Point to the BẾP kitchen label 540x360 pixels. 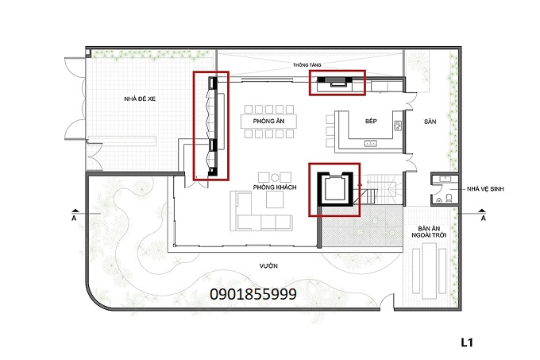click(371, 121)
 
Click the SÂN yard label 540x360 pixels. click(430, 122)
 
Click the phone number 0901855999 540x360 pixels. click(253, 294)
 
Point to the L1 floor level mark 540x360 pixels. click(468, 343)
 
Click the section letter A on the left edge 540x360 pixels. click(74, 215)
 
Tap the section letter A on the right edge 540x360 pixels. click(484, 215)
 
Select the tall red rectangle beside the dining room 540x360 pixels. click(211, 124)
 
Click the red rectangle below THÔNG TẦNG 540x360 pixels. click(337, 83)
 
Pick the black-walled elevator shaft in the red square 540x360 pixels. click(334, 189)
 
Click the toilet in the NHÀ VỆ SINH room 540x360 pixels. click(449, 195)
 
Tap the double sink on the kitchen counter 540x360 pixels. click(370, 144)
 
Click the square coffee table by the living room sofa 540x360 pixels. click(279, 177)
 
